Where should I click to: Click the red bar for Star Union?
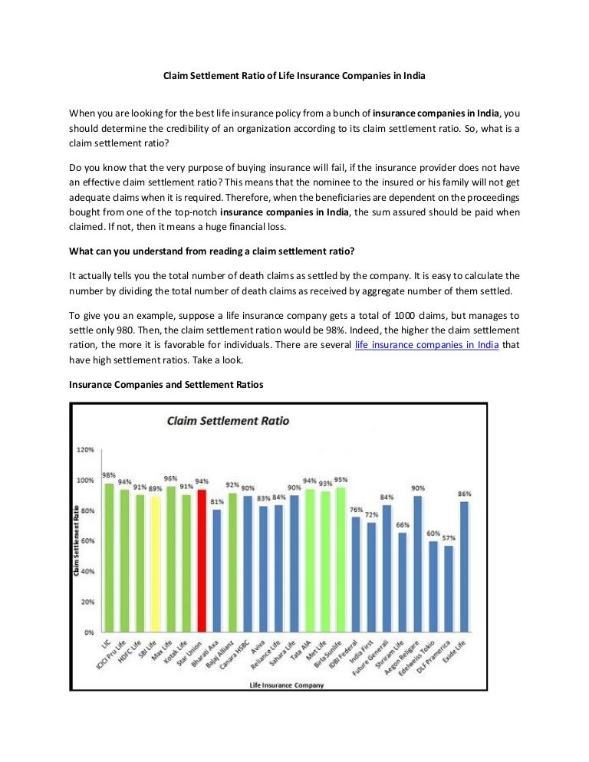202,560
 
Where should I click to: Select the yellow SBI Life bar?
155,563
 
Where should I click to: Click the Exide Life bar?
464,567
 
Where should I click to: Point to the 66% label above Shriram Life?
402,525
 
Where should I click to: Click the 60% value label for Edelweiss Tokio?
433,534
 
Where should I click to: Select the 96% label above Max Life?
171,478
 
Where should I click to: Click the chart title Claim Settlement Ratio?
228,421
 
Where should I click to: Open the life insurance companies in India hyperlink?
427,346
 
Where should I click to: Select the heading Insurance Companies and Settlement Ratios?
166,385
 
